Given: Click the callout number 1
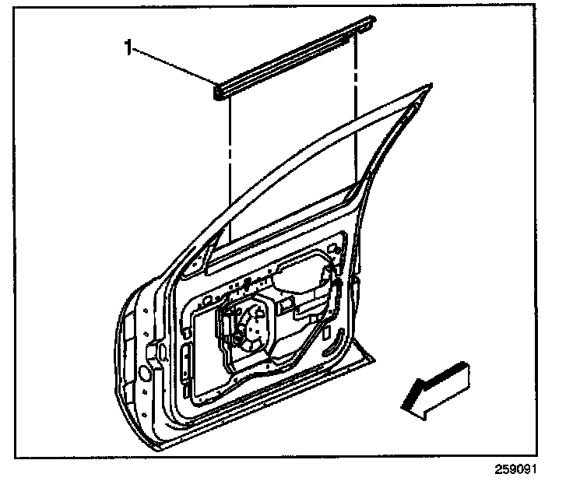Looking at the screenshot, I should (x=129, y=48).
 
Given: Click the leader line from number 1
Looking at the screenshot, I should (x=176, y=65).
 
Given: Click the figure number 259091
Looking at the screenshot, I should (x=515, y=470).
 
